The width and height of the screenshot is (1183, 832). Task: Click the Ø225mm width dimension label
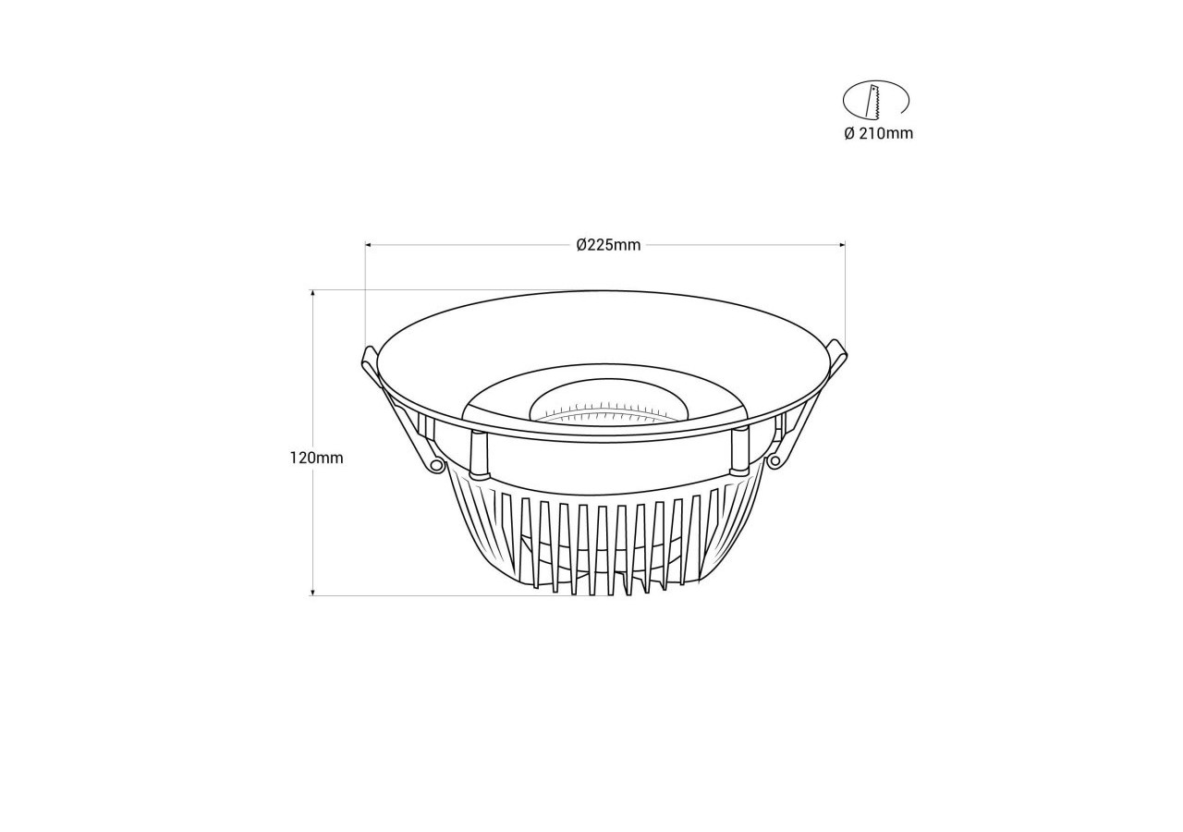[x=607, y=245]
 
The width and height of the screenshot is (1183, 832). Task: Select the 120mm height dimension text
[x=316, y=458]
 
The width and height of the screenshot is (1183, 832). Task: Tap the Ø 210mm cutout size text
[x=877, y=133]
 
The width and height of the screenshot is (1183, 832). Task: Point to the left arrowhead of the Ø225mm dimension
[x=369, y=245]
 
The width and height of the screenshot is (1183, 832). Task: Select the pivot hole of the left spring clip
[x=433, y=464]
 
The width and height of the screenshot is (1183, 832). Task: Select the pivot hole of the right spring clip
[x=774, y=459]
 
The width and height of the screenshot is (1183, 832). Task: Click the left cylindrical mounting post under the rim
[x=478, y=453]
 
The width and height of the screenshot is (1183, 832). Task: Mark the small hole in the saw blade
[x=872, y=91]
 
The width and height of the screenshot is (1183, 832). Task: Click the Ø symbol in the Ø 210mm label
[x=848, y=133]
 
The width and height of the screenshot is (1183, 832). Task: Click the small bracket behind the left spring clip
[x=426, y=426]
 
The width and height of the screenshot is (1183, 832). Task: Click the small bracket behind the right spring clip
[x=778, y=424]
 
